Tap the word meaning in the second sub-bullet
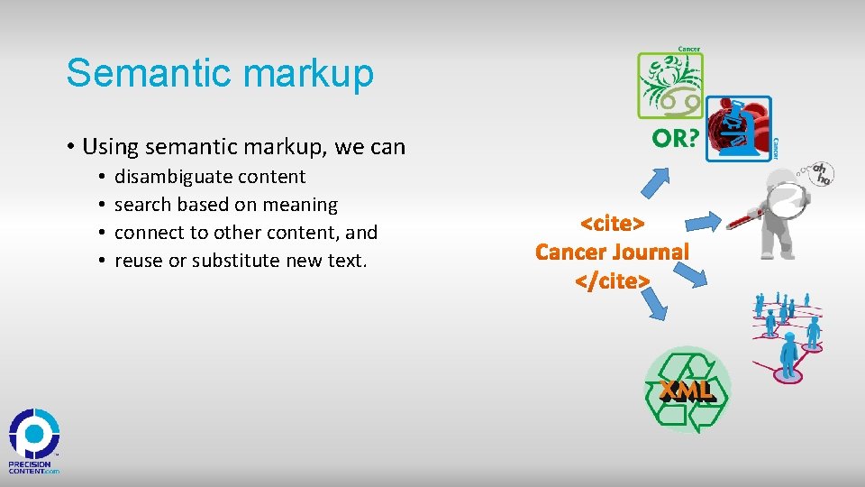pos(302,205)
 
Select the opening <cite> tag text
pos(612,223)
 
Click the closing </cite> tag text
pos(612,281)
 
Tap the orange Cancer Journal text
pos(612,252)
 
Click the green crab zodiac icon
pos(669,86)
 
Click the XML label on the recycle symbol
pos(687,390)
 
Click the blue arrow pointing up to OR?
pos(657,180)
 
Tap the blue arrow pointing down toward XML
pos(657,307)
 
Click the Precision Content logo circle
pos(34,433)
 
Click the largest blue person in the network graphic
pos(789,352)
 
